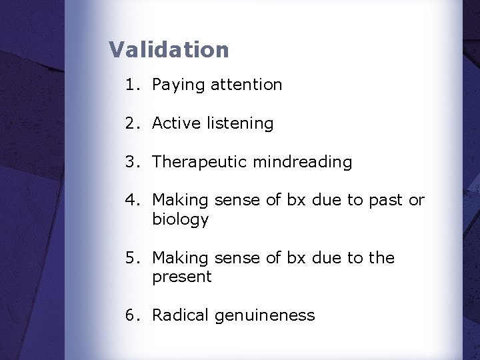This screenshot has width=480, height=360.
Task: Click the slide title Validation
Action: (x=169, y=50)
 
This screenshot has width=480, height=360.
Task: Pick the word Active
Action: (x=173, y=123)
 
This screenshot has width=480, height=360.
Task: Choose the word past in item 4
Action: (x=385, y=201)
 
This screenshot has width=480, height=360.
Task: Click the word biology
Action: (x=180, y=220)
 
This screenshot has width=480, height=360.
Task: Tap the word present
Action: (x=181, y=277)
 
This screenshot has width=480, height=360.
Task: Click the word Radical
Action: (x=180, y=315)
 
